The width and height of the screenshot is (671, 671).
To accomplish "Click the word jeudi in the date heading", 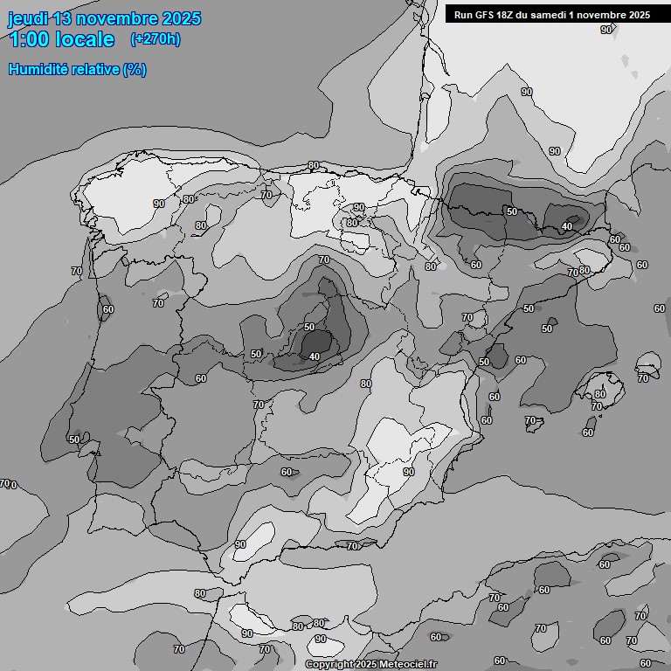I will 28,18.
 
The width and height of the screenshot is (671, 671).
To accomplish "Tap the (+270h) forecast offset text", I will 156,39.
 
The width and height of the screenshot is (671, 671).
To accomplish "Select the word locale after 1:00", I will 83,39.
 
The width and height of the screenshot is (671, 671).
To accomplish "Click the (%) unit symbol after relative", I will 135,69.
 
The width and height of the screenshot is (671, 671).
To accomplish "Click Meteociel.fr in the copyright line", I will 408,664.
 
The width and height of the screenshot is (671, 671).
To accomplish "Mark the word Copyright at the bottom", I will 329,664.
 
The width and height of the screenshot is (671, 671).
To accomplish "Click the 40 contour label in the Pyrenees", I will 567,226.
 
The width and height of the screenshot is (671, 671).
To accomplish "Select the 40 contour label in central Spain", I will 315,356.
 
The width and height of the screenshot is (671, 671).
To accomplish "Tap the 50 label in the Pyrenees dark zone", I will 511,211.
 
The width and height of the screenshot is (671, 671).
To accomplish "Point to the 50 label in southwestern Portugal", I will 74,439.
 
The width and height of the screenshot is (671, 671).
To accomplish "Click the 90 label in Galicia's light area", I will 159,204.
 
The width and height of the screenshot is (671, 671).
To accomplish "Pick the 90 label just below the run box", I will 606,30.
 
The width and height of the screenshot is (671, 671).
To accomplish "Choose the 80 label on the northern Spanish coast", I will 314,165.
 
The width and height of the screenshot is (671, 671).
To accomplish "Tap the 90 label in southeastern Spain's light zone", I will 408,472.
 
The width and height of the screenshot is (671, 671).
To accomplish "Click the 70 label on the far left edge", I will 5,483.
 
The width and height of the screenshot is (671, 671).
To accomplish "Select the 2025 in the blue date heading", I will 181,18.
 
